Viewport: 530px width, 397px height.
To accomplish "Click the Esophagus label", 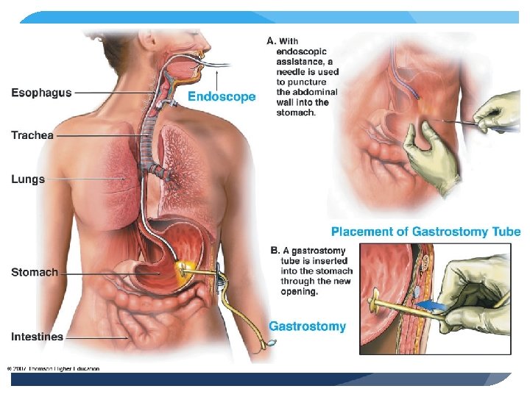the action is (41, 93).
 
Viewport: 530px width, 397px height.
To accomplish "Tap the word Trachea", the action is (32, 135).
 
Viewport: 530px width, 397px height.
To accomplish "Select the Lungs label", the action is (28, 179).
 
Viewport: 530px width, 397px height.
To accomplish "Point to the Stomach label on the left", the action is (35, 272).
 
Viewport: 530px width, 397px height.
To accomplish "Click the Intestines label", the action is (37, 337).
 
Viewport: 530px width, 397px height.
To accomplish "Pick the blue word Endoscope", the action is (222, 96).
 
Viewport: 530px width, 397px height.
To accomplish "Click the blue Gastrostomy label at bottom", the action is (307, 326).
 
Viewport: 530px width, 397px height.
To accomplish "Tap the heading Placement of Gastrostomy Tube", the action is (425, 232).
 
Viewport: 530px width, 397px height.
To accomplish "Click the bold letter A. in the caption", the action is (272, 41).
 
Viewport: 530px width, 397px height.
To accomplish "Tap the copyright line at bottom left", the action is (53, 368).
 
